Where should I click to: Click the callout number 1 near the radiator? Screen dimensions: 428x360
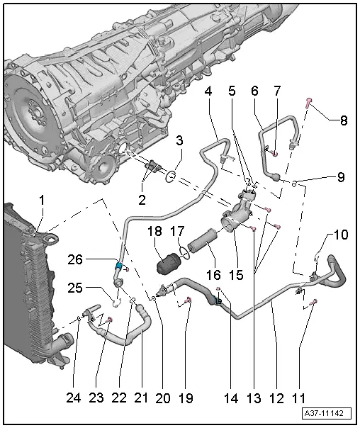tap(41, 201)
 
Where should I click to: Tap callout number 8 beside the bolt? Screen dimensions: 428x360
tap(344, 120)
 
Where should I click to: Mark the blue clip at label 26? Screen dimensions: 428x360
tap(120, 266)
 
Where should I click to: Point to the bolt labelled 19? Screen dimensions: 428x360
tap(186, 303)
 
